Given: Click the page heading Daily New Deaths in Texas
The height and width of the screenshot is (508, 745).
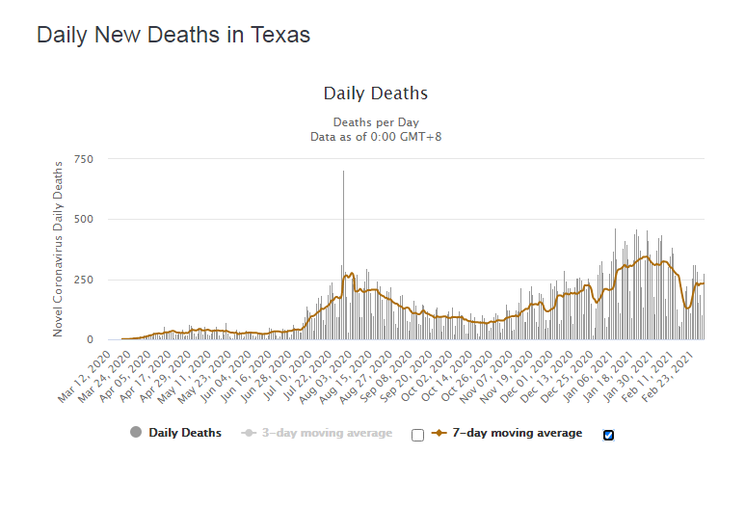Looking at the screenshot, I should pos(173,36).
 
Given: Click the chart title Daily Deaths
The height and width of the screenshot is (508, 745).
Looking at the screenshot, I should pos(375,94).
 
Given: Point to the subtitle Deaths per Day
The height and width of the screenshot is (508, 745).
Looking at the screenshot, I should pos(375,122).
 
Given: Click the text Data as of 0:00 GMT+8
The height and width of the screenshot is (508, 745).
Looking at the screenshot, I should pos(375,137).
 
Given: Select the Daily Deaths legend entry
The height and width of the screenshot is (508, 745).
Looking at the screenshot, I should pos(184,433).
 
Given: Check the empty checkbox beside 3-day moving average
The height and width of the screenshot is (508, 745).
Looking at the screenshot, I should pos(417,435).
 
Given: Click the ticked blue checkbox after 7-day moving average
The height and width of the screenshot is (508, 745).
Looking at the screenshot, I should pos(608,435).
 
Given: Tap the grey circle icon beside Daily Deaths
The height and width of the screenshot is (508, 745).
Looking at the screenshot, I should pos(136,433).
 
